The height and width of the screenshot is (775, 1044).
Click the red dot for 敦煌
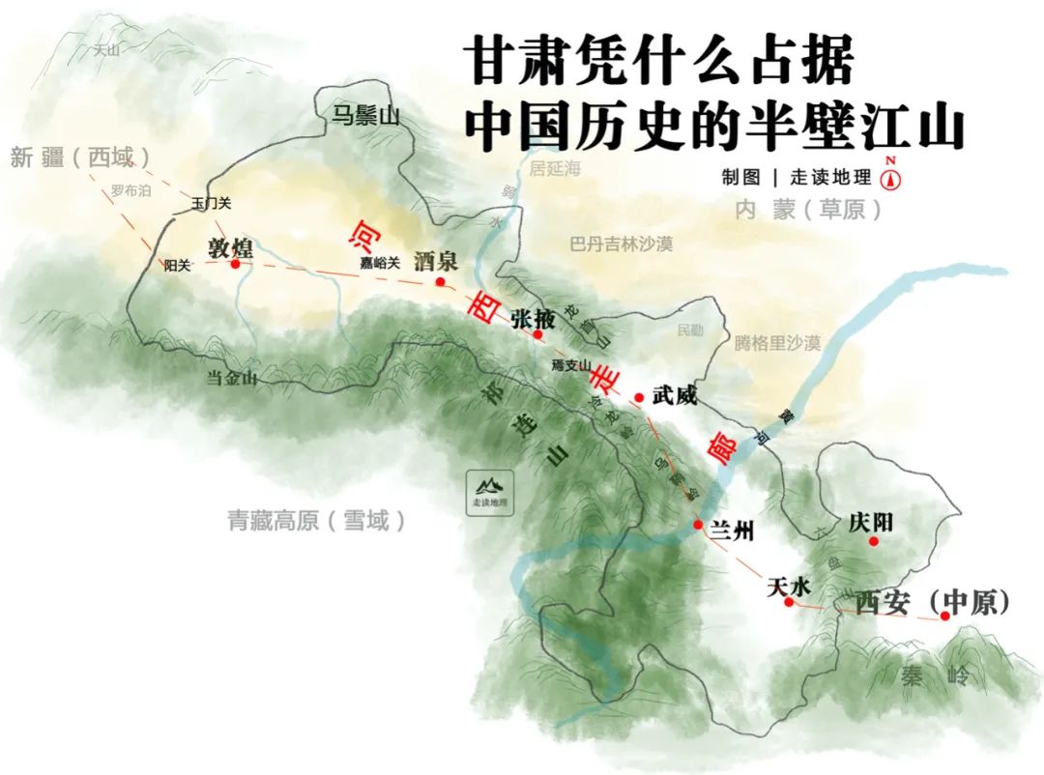(235, 263)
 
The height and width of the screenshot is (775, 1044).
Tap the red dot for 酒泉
(440, 282)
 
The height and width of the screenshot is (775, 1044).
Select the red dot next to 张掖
(537, 334)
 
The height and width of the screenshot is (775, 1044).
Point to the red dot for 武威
(639, 397)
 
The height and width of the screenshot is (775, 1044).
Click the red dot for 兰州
(698, 525)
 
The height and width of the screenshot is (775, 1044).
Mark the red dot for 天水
(789, 602)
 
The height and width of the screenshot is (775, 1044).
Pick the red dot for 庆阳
(874, 541)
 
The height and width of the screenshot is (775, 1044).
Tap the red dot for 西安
(945, 616)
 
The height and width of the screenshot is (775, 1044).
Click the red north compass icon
(890, 178)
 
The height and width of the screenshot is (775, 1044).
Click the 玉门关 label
(212, 203)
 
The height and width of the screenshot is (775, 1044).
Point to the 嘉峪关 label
(380, 262)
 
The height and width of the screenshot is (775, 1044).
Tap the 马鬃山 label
(365, 117)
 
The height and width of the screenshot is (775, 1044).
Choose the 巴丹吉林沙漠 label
(621, 244)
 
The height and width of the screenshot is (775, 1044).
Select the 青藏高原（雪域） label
(317, 521)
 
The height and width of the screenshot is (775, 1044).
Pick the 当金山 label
(232, 379)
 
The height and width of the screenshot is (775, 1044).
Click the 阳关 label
(177, 265)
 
